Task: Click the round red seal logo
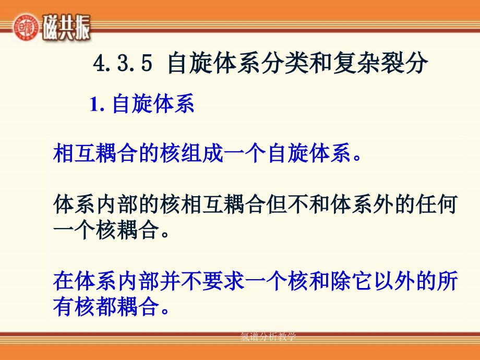[26, 27]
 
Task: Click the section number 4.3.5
[123, 63]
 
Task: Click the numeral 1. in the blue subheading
[98, 104]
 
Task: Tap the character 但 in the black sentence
[277, 204]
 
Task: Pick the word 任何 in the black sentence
[437, 204]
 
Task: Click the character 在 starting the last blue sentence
[63, 281]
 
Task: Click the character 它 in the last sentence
[363, 281]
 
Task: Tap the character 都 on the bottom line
[106, 306]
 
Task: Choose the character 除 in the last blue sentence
[341, 281]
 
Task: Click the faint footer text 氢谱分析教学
[268, 337]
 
